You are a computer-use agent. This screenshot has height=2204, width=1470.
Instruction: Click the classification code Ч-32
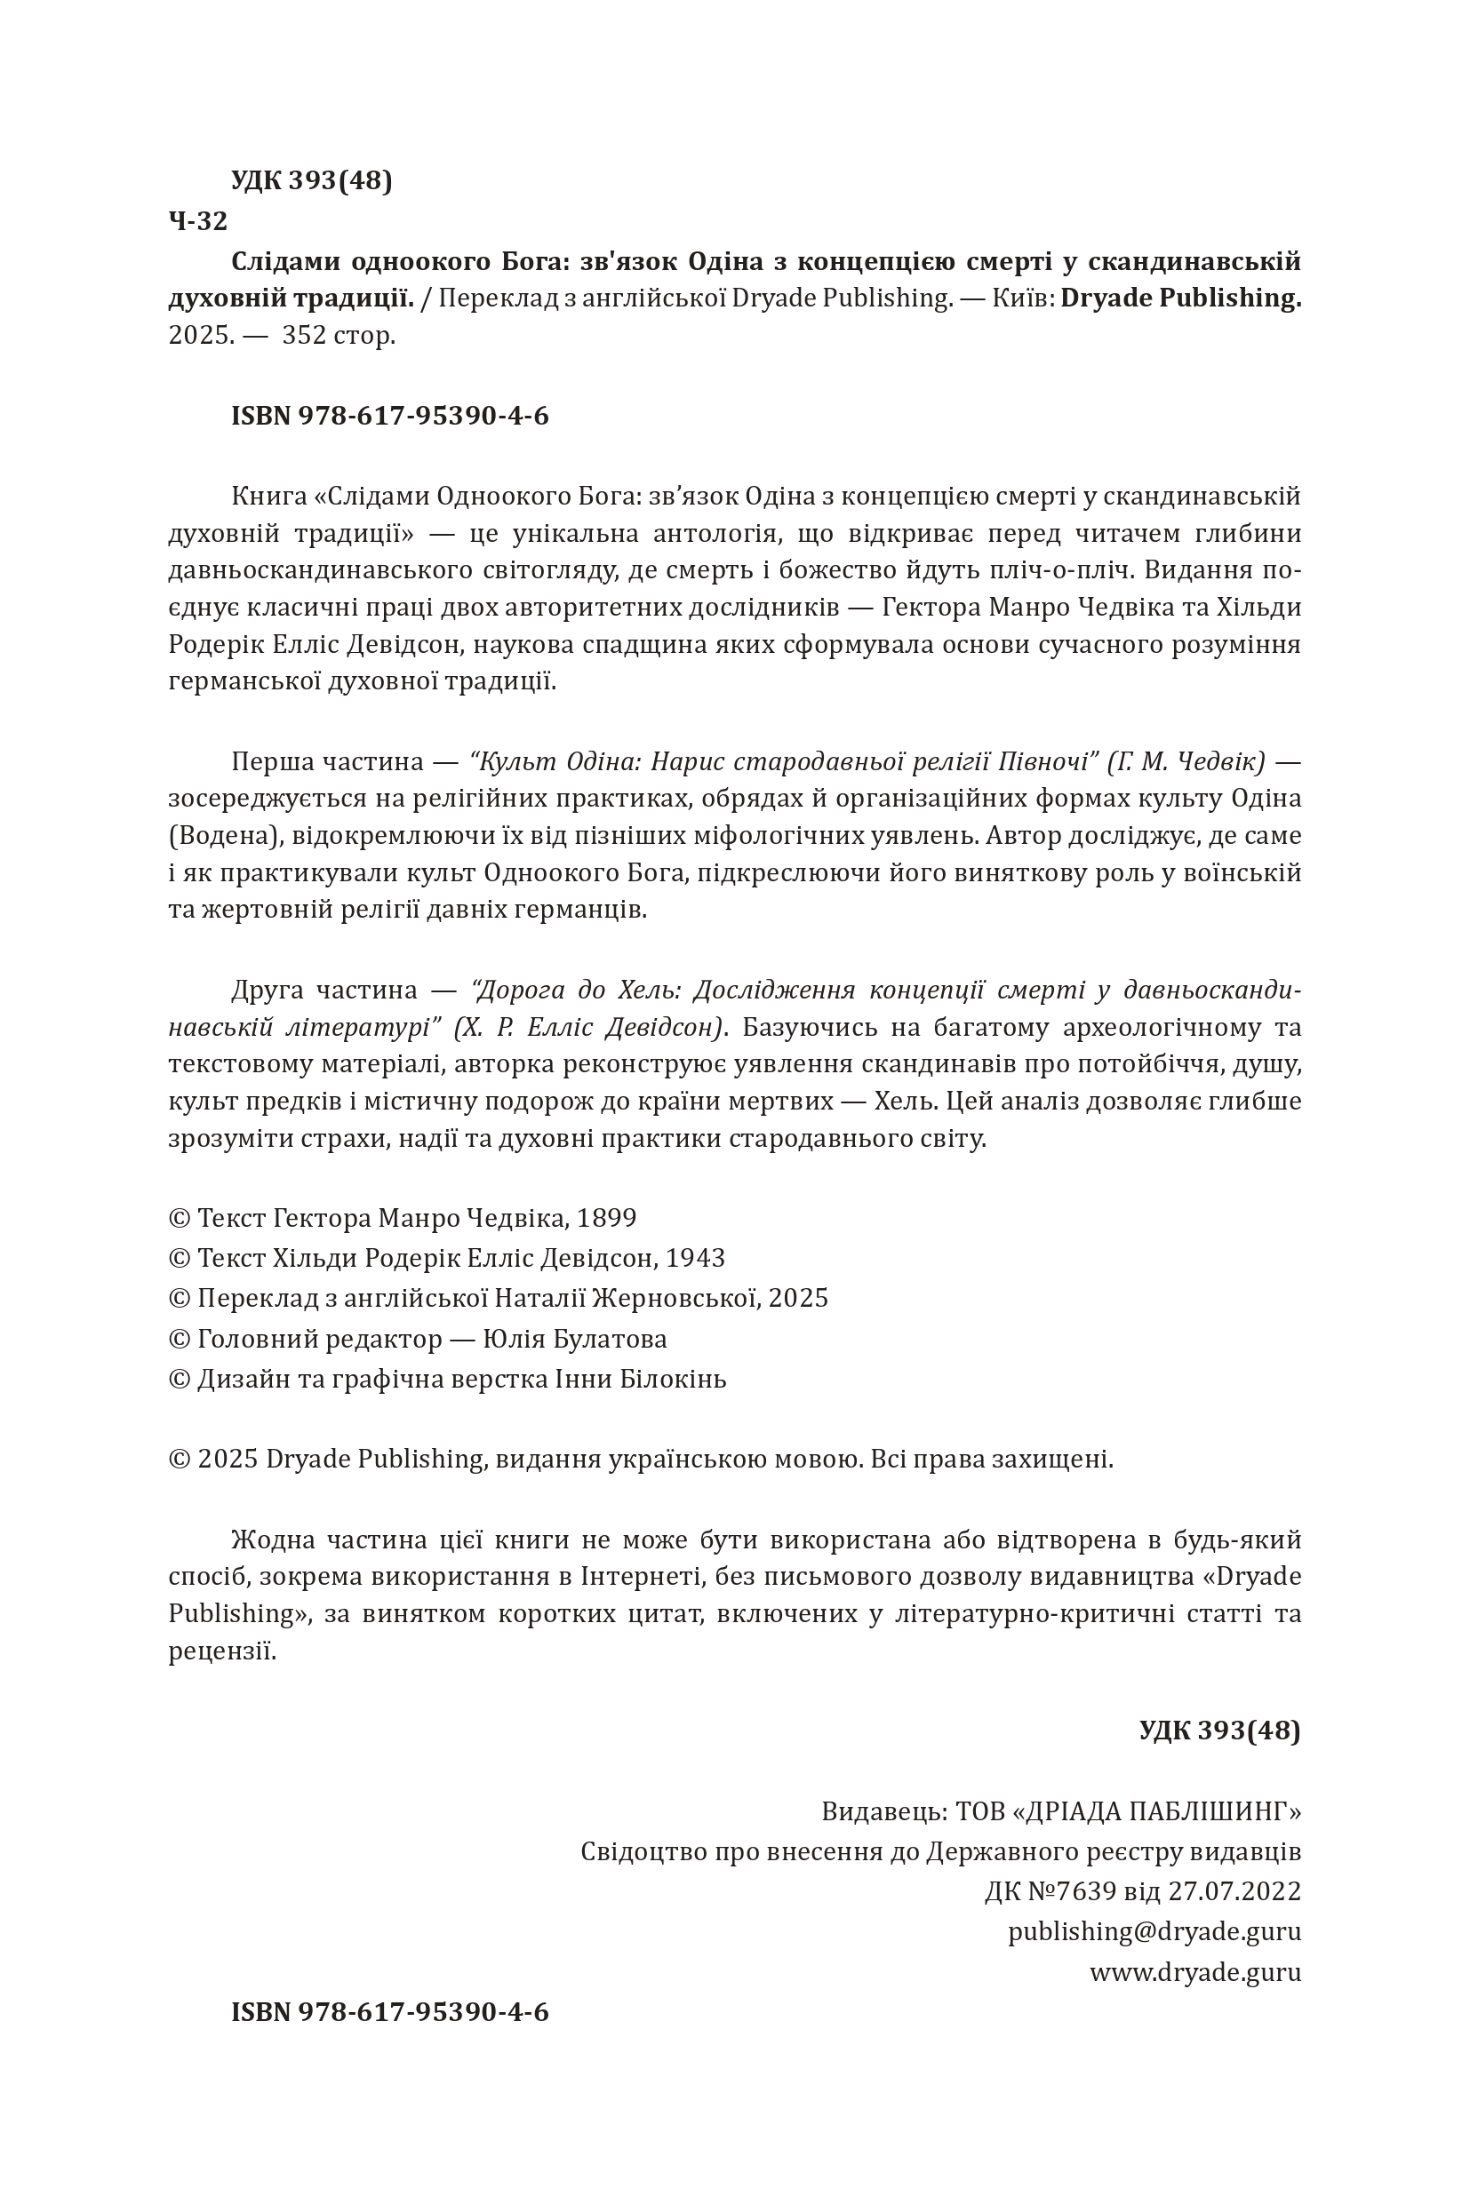pos(198,221)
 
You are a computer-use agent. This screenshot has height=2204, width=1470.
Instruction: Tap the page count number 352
pos(304,335)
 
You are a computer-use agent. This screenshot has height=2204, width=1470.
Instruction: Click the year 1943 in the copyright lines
pos(695,1258)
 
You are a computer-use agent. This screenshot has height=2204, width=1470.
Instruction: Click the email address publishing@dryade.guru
pos(1154,1930)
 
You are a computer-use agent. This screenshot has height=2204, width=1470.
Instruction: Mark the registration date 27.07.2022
pos(1234,1890)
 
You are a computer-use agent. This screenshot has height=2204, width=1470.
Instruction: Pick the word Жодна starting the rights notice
pos(271,1540)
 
